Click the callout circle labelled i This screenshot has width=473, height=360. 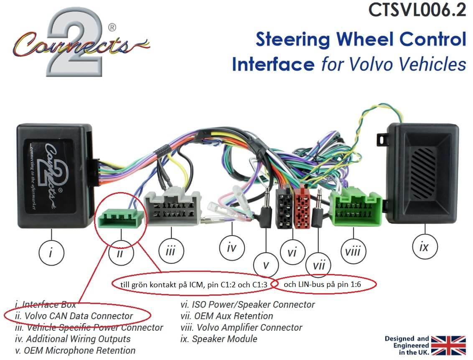click(51, 252)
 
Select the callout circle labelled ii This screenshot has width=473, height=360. click(120, 254)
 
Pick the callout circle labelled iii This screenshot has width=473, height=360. click(170, 251)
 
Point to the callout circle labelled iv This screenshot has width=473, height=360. click(231, 248)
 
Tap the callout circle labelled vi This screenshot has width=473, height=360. click(292, 252)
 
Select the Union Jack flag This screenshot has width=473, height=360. click(448, 345)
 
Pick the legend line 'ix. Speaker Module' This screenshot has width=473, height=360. click(219, 339)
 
